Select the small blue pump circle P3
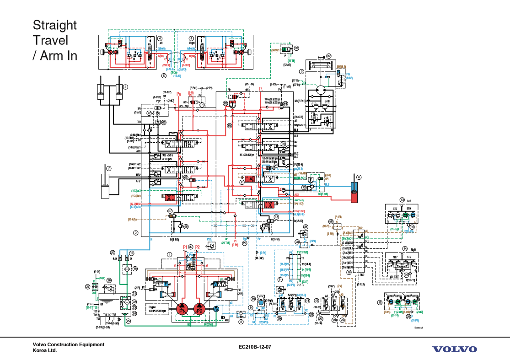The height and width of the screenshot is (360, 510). click(216, 310)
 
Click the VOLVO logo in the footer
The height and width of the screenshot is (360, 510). click(454, 349)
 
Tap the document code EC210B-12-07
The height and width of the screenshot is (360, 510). click(255, 347)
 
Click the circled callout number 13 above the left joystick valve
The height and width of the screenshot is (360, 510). click(402, 200)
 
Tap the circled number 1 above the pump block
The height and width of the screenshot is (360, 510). click(169, 254)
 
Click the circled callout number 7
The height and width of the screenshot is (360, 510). click(109, 168)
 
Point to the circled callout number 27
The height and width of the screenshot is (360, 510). click(87, 286)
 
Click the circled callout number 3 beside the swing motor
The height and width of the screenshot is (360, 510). click(301, 71)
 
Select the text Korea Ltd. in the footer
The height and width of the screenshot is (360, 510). click(45, 351)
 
